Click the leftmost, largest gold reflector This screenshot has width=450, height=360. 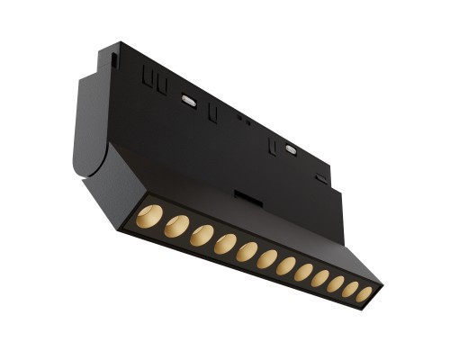click(x=150, y=216)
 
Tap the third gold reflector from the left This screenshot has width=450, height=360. click(x=202, y=235)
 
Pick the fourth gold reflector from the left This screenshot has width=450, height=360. click(x=225, y=244)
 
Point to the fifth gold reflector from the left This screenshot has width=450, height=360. click(x=247, y=252)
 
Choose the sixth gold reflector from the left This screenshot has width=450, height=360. click(x=267, y=259)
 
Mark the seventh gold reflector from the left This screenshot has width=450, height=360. click(x=286, y=266)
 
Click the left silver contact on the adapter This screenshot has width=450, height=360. click(x=190, y=100)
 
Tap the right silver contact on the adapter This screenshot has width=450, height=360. click(x=290, y=147)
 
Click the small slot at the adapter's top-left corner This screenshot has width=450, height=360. click(x=115, y=58)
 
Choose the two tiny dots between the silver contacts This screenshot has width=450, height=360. click(x=241, y=118)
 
